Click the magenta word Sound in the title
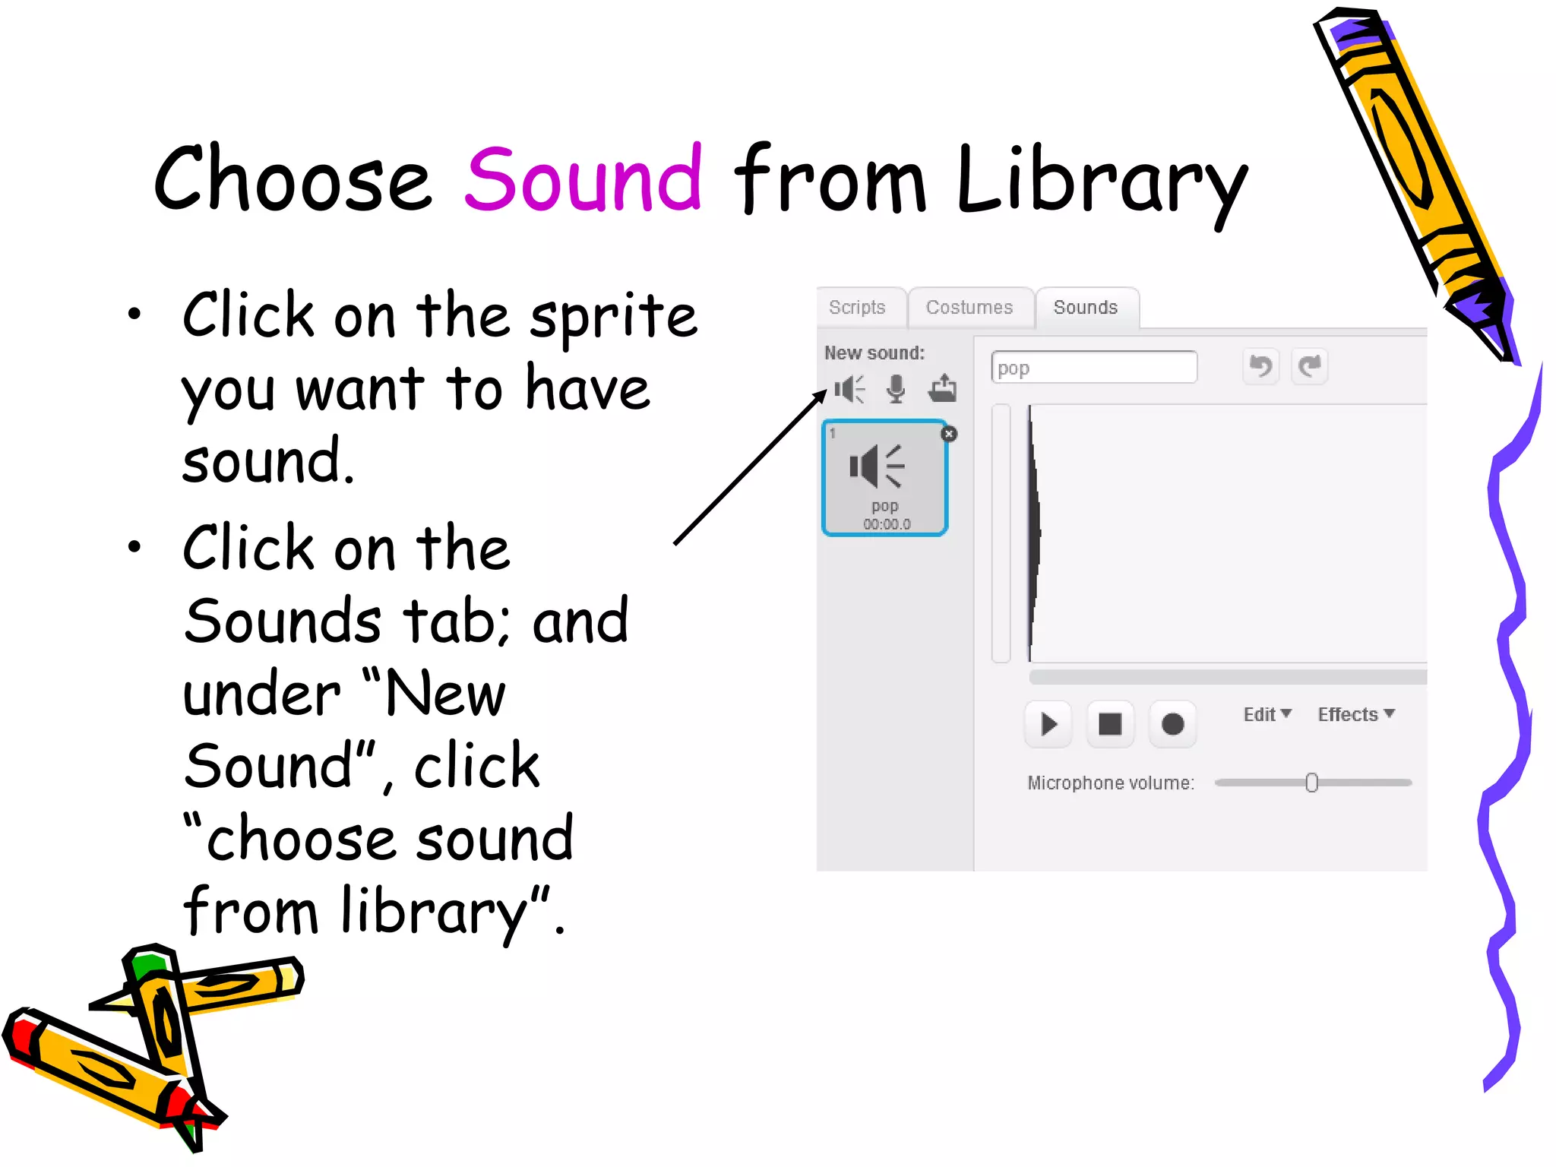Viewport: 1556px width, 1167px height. [x=583, y=179]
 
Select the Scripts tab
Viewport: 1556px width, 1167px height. [x=857, y=308]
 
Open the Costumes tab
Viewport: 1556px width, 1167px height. [x=969, y=308]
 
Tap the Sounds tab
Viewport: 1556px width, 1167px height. [x=1085, y=308]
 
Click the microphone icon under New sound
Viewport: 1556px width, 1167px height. [x=897, y=389]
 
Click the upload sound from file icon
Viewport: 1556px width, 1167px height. [x=942, y=388]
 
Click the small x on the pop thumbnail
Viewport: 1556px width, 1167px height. [x=949, y=434]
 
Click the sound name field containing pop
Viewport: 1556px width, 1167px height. [x=1094, y=368]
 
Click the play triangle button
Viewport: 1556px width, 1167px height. [x=1048, y=724]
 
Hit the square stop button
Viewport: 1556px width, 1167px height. [x=1110, y=724]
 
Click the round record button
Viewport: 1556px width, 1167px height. [x=1172, y=724]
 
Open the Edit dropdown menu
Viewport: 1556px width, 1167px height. [x=1267, y=714]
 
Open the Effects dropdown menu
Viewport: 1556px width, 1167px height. [x=1355, y=714]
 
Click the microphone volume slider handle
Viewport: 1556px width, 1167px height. [x=1311, y=783]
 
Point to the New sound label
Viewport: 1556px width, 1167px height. [x=874, y=353]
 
